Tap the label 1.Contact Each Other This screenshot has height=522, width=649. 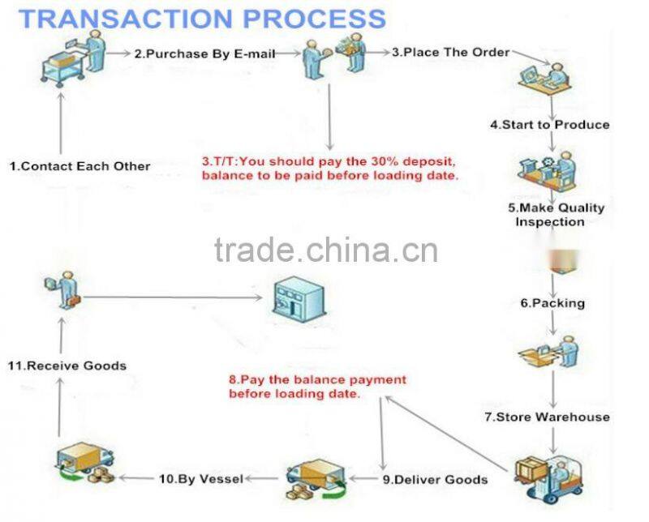coord(80,166)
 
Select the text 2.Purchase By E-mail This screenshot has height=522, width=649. coord(204,53)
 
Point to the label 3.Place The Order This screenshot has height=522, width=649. coord(450,52)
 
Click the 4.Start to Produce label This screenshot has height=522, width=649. coord(549,125)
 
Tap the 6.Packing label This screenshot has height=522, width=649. coord(552,303)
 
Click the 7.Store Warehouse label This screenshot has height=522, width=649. coord(558,417)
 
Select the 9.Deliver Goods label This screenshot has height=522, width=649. coord(434,479)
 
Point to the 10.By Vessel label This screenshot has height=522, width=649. coord(200,479)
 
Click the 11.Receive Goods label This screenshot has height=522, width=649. coord(67,366)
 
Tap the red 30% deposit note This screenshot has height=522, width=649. coord(330,168)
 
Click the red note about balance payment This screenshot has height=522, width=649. coord(317,386)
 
